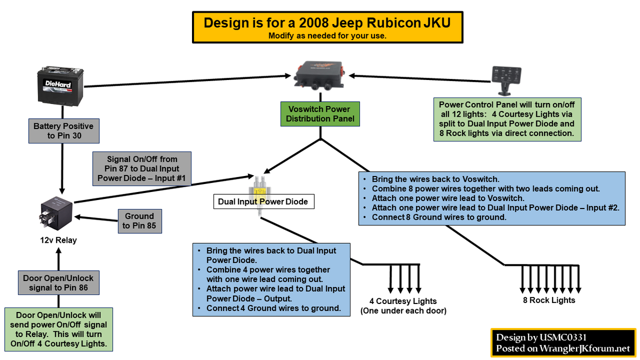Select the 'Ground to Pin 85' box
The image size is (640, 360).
tap(139, 221)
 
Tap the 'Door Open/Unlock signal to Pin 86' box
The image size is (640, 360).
tap(59, 283)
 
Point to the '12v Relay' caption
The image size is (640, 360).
tap(59, 240)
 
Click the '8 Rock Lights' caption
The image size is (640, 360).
tap(549, 300)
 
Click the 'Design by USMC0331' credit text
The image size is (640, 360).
tap(541, 337)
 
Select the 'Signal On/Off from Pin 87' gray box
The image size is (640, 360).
tap(142, 169)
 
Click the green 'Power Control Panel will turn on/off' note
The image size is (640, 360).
tap(507, 119)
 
